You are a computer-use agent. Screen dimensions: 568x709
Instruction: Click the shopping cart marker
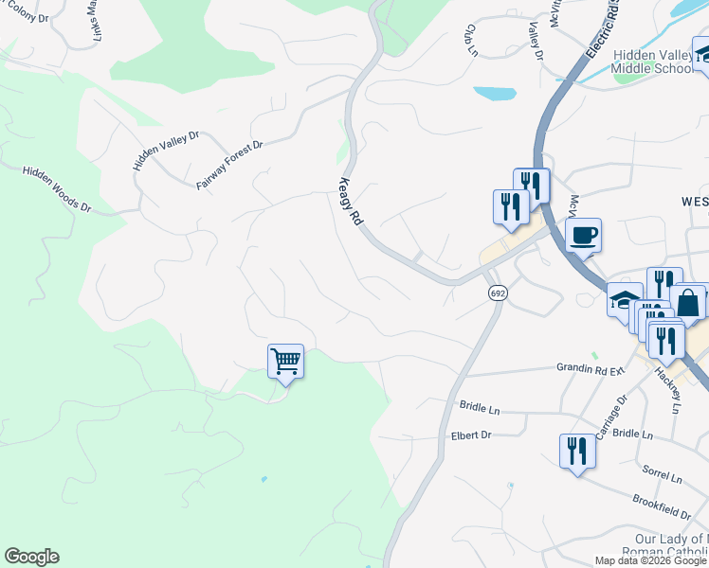285,361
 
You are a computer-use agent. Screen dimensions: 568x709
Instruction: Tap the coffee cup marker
583,235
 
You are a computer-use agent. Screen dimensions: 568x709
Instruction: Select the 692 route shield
497,293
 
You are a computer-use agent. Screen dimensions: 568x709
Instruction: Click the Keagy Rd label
351,201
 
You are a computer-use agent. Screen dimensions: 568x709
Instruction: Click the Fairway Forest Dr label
228,165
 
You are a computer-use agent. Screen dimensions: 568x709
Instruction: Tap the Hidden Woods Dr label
57,187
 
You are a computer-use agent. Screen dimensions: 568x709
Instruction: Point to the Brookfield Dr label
661,506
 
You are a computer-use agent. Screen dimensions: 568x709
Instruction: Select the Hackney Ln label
667,390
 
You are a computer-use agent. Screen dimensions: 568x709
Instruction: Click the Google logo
31,557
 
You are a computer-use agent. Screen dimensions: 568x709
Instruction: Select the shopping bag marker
687,302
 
